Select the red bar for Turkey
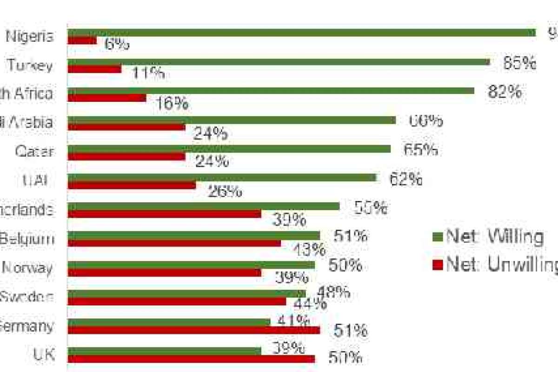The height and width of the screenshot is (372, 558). [94, 69]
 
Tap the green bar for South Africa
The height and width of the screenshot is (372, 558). [271, 91]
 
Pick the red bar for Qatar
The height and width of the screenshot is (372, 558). [126, 156]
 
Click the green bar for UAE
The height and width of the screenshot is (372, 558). [221, 178]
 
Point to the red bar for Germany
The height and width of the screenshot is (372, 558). [193, 330]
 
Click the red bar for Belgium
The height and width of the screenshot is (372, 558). [174, 243]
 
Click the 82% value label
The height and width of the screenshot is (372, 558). [505, 92]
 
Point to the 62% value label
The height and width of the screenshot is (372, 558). [405, 179]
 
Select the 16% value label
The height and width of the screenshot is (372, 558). [172, 103]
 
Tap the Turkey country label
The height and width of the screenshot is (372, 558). [30, 66]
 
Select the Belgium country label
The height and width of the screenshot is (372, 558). [27, 239]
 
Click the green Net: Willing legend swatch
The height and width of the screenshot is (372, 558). [437, 237]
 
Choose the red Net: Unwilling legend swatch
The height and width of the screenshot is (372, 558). [437, 265]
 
